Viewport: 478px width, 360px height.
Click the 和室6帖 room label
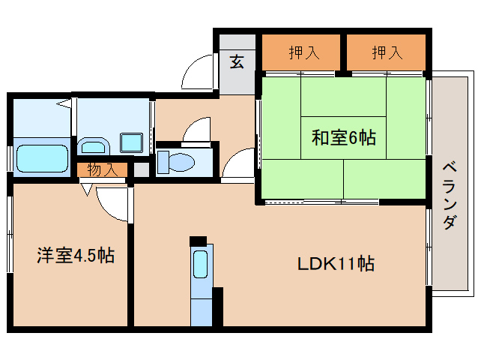coord(344,138)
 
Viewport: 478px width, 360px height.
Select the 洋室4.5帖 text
coord(75,256)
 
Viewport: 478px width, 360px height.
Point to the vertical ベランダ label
coord(450,196)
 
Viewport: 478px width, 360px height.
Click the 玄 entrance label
coord(236,63)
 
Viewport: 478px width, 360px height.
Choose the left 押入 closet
coord(303,52)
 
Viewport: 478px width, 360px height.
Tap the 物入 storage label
coord(102,169)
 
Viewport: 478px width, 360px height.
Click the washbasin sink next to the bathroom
coord(93,145)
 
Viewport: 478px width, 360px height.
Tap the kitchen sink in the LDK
coord(201,265)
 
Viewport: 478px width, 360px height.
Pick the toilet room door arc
coord(197,130)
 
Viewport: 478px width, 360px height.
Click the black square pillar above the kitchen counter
coord(197,241)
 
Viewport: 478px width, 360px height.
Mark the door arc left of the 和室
coord(241,163)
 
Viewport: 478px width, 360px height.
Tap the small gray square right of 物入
coord(140,170)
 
